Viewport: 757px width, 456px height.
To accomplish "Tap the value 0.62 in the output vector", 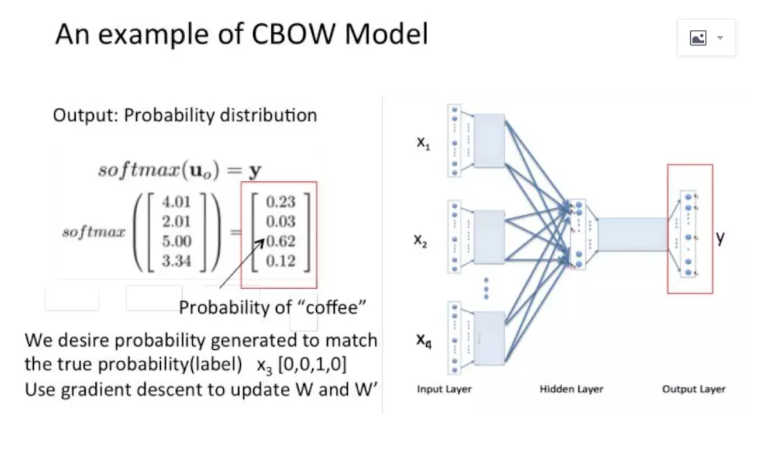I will (281, 241).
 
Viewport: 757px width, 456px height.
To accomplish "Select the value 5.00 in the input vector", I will (176, 241).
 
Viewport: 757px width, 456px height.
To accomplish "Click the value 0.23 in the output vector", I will (281, 202).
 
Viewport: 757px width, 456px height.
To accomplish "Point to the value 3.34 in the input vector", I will (176, 261).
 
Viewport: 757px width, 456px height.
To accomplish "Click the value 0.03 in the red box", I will (281, 222).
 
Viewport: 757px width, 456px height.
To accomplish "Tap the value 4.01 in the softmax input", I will (176, 202).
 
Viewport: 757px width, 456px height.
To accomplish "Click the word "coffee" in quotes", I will (331, 307).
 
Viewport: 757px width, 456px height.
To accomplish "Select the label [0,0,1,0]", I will (312, 364).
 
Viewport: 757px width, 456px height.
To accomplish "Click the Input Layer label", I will (444, 389).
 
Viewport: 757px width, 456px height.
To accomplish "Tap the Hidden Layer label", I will (571, 389).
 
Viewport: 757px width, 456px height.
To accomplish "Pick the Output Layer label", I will (693, 389).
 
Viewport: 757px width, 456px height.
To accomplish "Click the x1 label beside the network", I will (423, 142).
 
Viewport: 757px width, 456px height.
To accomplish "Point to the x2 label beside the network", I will (420, 240).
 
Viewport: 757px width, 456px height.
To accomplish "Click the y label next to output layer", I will (720, 237).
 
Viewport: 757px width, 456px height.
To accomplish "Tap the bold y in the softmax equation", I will (255, 170).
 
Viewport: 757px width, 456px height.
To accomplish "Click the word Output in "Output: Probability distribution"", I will (86, 115).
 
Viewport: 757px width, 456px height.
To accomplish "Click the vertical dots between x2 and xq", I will (486, 288).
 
